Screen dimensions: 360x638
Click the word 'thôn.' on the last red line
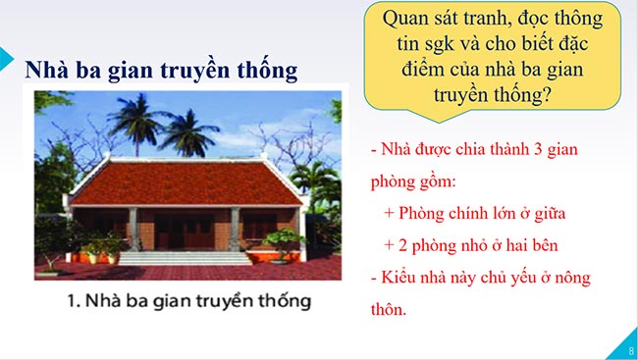[x=388, y=309]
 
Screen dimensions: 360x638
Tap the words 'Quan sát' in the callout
[x=423, y=19]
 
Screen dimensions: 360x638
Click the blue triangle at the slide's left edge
[x=5, y=55]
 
